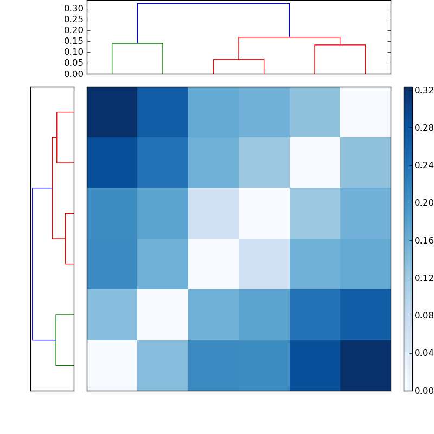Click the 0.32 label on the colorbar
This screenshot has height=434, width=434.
pyautogui.click(x=424, y=91)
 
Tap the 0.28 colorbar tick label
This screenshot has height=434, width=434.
pyautogui.click(x=424, y=128)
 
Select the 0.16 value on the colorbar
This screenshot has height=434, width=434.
pyautogui.click(x=424, y=240)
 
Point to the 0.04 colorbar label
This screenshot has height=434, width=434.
pyautogui.click(x=424, y=353)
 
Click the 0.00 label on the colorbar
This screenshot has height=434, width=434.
pyautogui.click(x=424, y=390)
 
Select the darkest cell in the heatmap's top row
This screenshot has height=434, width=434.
pyautogui.click(x=112, y=112)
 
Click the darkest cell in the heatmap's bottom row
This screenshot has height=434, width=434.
pyautogui.click(x=365, y=365)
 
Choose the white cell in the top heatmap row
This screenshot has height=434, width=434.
pyautogui.click(x=365, y=112)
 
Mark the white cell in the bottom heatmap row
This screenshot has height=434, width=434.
pyautogui.click(x=112, y=365)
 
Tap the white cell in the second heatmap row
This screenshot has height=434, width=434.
pyautogui.click(x=315, y=162)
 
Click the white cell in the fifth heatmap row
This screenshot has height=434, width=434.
pyautogui.click(x=163, y=314)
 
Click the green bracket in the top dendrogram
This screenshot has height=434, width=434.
pyautogui.click(x=137, y=43)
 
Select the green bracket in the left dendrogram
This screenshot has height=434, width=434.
pyautogui.click(x=56, y=340)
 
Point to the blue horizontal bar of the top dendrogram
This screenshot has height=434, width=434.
pyautogui.click(x=213, y=4)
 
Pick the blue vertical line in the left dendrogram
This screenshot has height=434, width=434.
pyautogui.click(x=33, y=264)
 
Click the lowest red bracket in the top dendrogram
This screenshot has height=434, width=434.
pyautogui.click(x=239, y=60)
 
